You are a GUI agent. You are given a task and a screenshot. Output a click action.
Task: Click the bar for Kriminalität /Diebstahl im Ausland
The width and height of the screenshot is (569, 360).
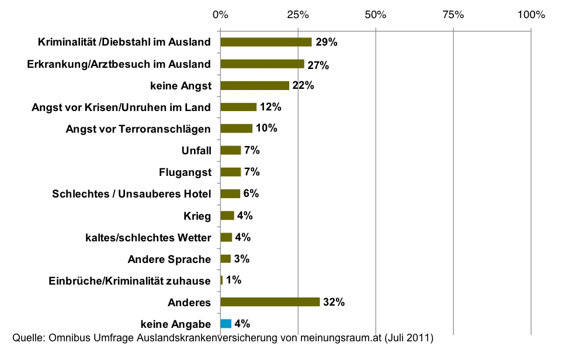click(x=266, y=42)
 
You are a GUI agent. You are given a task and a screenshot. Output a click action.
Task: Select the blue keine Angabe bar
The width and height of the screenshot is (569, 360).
click(x=226, y=323)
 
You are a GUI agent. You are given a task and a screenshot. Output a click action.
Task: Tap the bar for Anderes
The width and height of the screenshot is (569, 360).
click(x=270, y=302)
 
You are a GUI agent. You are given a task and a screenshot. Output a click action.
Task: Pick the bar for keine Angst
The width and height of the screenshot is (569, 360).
click(x=255, y=85)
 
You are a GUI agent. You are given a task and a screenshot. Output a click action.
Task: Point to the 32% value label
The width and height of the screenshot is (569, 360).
click(x=334, y=302)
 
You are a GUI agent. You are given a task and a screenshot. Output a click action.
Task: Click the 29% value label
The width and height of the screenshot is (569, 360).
click(x=326, y=42)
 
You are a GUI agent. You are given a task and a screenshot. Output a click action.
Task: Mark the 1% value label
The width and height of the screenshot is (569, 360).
click(x=234, y=281)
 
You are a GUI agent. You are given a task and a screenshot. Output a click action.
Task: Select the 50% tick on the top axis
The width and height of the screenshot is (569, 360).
click(x=375, y=15)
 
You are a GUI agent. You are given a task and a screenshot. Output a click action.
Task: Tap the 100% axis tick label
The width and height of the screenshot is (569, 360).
click(x=530, y=15)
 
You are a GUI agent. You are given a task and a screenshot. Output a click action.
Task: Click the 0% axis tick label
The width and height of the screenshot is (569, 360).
click(x=220, y=15)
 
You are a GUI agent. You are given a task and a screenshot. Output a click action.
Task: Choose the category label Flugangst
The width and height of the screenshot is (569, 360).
click(x=185, y=172)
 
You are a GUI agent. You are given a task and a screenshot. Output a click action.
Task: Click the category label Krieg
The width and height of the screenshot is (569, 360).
click(x=197, y=216)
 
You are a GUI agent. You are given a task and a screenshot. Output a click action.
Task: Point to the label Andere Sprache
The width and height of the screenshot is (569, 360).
click(x=169, y=259)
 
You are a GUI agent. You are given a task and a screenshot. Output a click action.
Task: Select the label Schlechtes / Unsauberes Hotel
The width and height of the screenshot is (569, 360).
click(x=131, y=194)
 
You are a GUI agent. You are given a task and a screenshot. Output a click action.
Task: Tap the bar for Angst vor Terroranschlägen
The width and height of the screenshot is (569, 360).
click(x=236, y=129)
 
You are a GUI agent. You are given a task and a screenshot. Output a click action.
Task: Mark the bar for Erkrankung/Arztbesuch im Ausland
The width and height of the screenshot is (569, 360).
click(x=262, y=64)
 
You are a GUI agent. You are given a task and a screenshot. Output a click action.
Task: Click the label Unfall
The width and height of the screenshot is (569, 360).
click(x=196, y=151)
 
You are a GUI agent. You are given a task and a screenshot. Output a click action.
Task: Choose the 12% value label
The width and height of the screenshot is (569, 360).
click(x=270, y=108)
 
